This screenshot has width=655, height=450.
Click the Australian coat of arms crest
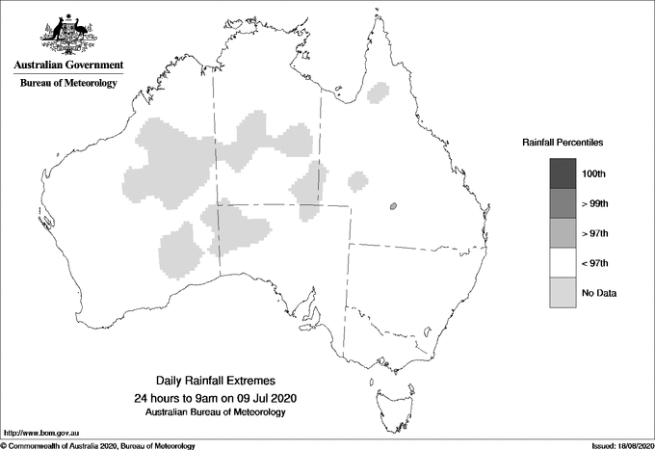pos(67,34)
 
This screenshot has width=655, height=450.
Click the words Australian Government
pos(68,66)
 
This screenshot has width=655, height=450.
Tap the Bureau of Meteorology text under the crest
pos(68,84)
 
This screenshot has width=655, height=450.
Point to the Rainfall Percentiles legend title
pos(563,142)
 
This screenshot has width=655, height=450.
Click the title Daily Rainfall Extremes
pos(215,382)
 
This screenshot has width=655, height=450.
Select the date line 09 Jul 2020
pos(215,398)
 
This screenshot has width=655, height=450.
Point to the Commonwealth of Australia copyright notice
pos(99,445)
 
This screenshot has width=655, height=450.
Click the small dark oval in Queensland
pos(393,206)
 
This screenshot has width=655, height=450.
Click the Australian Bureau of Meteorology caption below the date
pos(215,412)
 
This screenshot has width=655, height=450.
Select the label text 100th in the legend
pos(594,173)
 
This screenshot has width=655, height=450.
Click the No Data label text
pos(599,293)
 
